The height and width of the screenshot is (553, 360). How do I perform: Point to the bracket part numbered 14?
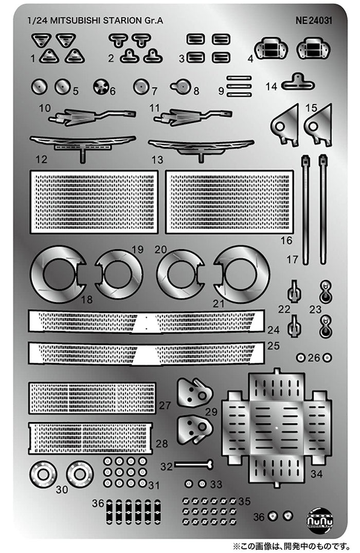pos(297,82)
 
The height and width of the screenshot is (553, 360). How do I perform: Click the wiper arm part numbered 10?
pos(93,117)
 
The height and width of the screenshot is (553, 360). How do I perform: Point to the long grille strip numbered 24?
pos(146,322)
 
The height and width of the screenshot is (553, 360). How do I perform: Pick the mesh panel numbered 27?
pos(92,398)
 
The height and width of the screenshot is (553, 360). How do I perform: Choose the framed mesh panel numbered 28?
pos(91,437)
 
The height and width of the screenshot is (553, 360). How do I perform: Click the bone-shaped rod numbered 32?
pos(193,465)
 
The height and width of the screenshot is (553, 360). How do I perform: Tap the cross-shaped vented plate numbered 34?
pos(277,427)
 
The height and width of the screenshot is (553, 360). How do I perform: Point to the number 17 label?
pos(293,260)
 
